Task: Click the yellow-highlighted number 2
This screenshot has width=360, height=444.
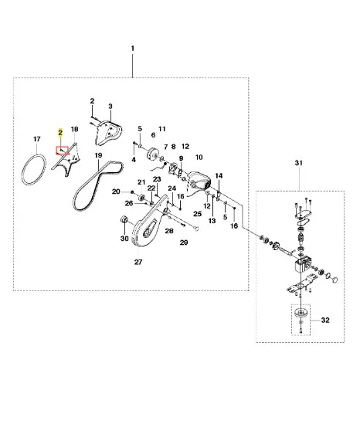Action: coord(60,133)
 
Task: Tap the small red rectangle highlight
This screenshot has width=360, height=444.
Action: coord(62,151)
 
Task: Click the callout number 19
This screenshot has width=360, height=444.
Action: coord(98,155)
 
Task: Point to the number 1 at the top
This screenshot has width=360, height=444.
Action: coord(133,49)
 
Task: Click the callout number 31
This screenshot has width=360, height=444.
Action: coord(298,163)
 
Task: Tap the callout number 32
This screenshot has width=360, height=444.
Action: coord(325,320)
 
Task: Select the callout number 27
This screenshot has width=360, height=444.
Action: coord(138,262)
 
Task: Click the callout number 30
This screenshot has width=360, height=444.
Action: coord(124,239)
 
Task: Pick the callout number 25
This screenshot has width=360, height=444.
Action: coord(198,214)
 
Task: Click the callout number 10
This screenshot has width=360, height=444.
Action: coord(199,157)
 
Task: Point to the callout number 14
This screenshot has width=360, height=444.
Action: coord(219,176)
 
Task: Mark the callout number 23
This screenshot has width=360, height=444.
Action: coord(157,179)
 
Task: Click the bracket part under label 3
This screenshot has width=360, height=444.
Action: coord(109,133)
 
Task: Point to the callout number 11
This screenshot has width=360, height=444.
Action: coord(161,129)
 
